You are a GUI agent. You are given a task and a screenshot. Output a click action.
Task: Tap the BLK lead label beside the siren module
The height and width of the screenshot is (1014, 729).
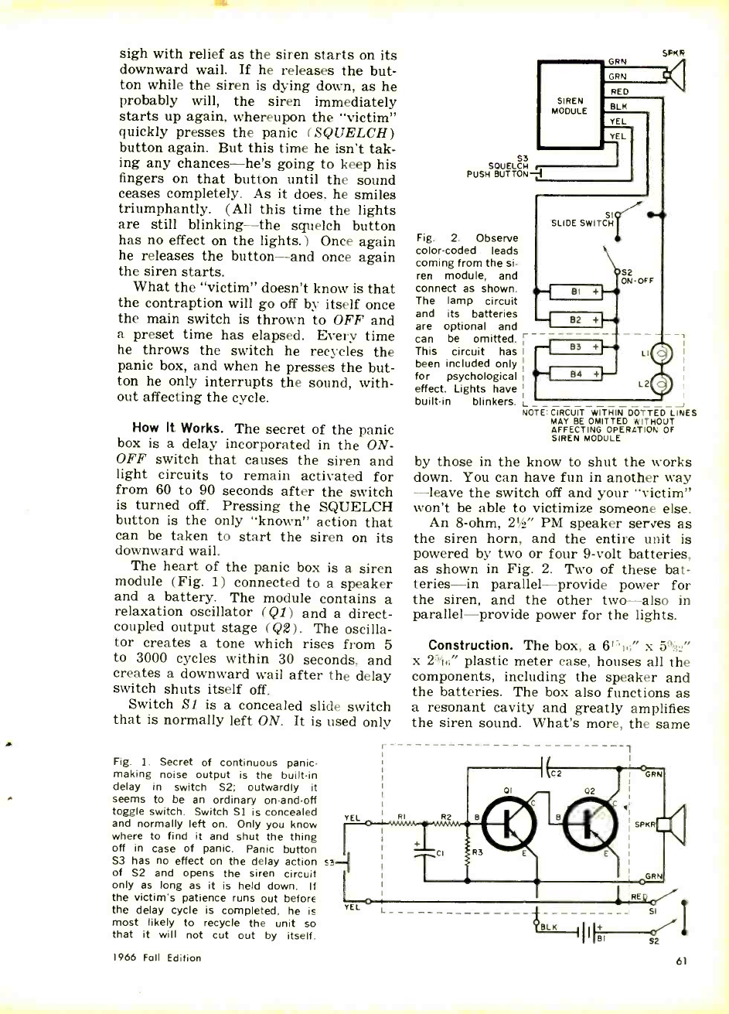click(618, 107)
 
